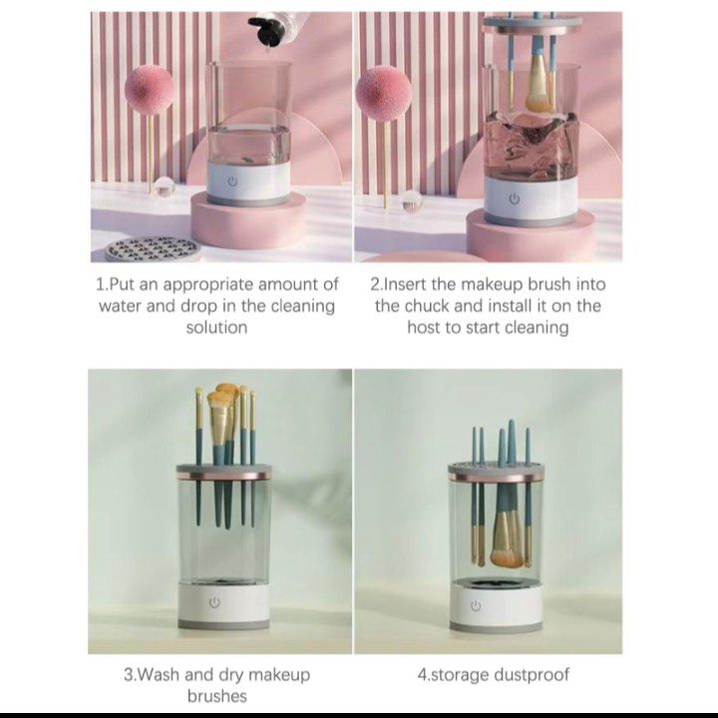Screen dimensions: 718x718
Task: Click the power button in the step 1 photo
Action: click(x=232, y=181)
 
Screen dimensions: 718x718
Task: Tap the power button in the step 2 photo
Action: click(x=515, y=198)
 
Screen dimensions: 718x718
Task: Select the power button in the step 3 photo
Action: click(x=213, y=604)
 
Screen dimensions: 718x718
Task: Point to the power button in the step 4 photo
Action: click(x=476, y=605)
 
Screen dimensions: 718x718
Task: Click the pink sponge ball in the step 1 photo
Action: click(x=149, y=91)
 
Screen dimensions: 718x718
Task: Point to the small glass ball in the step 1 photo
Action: click(x=165, y=185)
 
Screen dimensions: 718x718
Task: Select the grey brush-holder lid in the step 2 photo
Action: click(x=532, y=23)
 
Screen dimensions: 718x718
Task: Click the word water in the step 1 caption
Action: click(x=123, y=305)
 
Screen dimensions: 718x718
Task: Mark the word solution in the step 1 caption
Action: click(x=216, y=327)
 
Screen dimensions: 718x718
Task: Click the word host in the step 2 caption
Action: click(x=426, y=327)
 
